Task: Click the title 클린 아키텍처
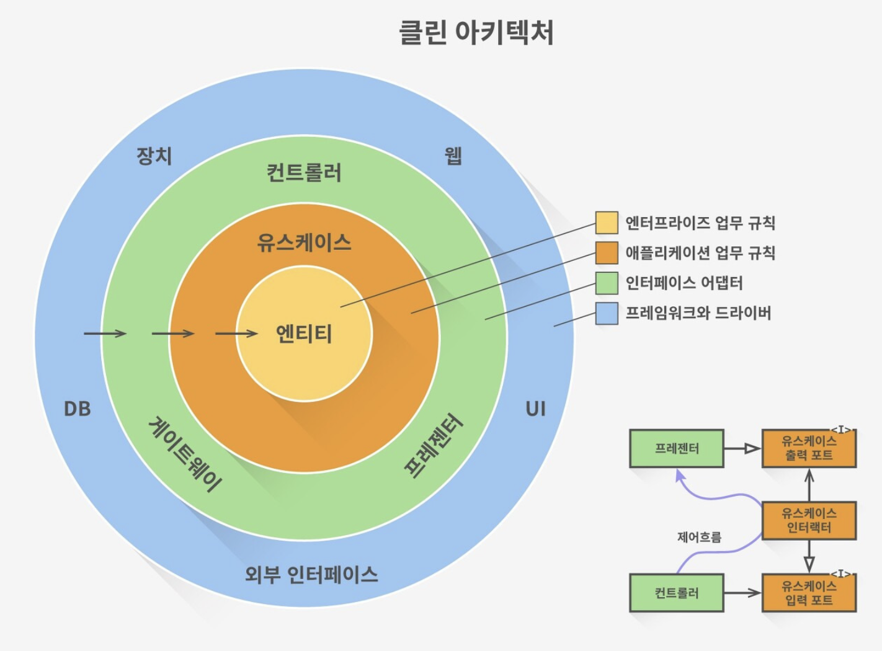476,32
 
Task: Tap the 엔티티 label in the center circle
304,334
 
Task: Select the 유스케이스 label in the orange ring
304,242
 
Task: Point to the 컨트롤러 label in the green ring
304,172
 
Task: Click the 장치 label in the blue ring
154,156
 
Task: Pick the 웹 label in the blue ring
453,156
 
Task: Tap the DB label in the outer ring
78,409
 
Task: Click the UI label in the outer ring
535,409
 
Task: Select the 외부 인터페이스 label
311,574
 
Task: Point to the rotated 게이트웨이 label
185,454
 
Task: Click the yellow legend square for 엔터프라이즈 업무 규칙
606,223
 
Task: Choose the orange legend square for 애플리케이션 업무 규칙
606,252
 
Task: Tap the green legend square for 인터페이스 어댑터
606,283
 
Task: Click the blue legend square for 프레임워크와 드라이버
606,313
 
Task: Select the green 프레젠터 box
677,448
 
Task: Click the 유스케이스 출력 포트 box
809,448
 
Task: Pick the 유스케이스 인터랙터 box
809,520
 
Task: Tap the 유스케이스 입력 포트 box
809,593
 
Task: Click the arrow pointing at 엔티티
236,334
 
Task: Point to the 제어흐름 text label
699,537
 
